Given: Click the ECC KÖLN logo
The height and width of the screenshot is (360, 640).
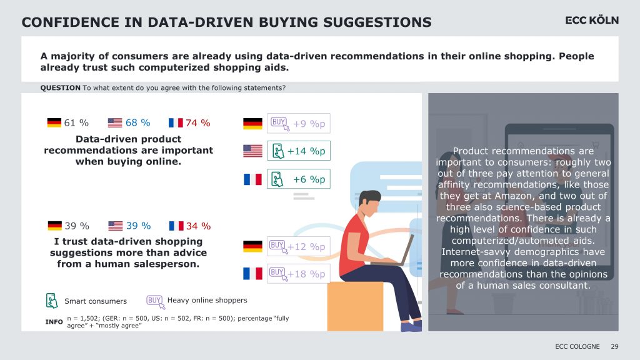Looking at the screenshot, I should click(x=591, y=21).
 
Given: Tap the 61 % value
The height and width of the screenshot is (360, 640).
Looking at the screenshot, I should click(x=76, y=123).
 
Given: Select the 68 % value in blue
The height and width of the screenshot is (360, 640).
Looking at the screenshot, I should click(x=137, y=123).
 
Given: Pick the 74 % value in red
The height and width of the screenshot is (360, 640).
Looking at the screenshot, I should click(x=197, y=123).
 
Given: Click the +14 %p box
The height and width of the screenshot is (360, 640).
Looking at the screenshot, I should click(x=298, y=151).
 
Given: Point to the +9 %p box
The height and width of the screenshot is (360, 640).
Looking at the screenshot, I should click(x=298, y=124).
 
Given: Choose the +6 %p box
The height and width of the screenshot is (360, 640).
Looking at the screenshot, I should click(x=298, y=179).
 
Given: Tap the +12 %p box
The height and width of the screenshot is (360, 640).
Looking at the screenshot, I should click(x=298, y=246).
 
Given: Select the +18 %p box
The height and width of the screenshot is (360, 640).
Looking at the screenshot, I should click(x=298, y=274).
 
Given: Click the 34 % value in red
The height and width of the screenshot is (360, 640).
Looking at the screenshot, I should click(x=197, y=226).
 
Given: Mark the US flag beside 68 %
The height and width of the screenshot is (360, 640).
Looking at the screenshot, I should click(x=115, y=123).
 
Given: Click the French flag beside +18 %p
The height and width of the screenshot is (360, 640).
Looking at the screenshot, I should click(x=252, y=274).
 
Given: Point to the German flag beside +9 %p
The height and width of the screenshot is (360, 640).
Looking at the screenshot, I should click(x=252, y=124).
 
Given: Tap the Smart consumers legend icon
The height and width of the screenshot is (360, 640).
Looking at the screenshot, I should click(x=52, y=301).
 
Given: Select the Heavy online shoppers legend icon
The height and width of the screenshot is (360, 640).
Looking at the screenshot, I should click(x=154, y=300).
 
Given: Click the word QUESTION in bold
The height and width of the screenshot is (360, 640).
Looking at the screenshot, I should click(x=60, y=88).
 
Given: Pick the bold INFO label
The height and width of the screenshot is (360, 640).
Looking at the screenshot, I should click(x=54, y=322).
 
